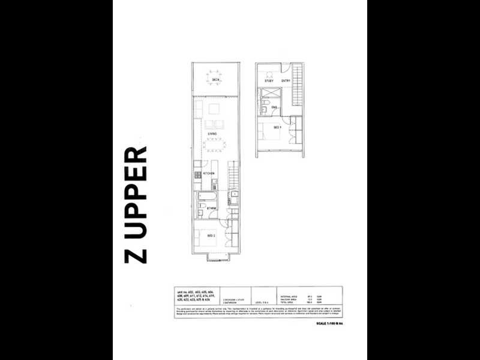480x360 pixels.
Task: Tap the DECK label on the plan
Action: click(215, 80)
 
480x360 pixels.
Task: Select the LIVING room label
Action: click(212, 134)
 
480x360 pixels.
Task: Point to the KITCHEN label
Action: click(209, 173)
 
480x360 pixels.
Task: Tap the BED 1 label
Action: click(277, 128)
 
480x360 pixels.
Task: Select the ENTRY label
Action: click(286, 81)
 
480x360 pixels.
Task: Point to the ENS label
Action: click(274, 107)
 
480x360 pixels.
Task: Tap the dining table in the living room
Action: click(214, 144)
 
